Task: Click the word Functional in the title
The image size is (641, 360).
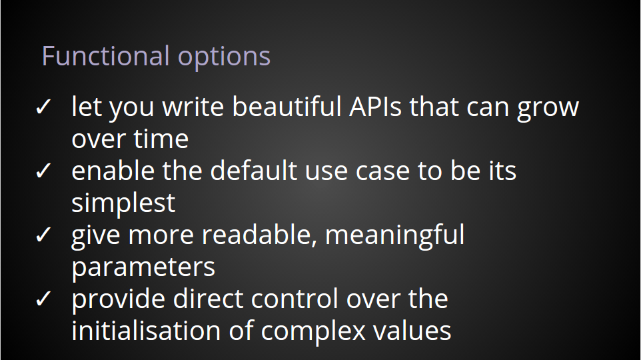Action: point(105,55)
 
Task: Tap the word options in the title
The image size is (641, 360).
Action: point(224,58)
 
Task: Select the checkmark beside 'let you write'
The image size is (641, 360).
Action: point(43,107)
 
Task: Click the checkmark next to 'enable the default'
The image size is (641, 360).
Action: point(43,171)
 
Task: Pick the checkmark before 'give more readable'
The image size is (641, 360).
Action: point(43,235)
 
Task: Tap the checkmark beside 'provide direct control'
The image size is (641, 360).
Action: point(43,299)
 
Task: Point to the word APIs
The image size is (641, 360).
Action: point(375,107)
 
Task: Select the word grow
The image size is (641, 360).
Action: point(548,109)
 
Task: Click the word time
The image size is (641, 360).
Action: point(161,139)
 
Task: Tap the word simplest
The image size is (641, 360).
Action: point(123,203)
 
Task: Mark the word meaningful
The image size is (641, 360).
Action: point(395,235)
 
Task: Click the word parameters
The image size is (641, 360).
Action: point(143,269)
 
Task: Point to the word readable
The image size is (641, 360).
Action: point(260,235)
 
